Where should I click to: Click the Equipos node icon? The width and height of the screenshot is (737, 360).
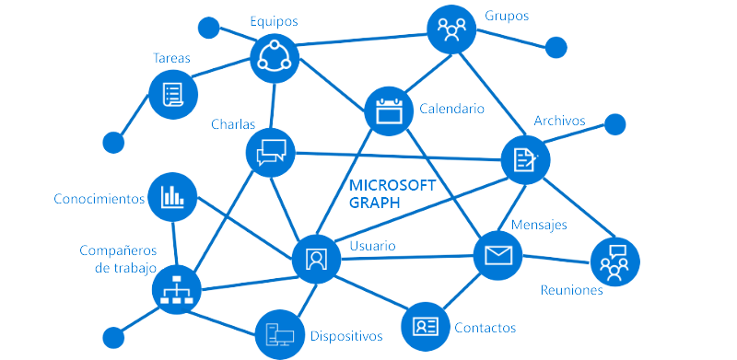pos(275,58)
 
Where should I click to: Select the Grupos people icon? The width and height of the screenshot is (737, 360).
pos(451,31)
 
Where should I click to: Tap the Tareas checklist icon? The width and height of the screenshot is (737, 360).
pos(172,92)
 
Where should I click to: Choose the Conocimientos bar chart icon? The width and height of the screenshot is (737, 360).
pos(172,196)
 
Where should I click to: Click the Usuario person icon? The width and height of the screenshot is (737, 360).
pos(317,257)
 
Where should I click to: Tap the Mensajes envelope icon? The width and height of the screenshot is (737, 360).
pos(497,254)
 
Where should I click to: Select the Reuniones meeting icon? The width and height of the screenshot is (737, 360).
pos(614,261)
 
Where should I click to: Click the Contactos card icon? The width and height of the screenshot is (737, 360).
pos(426,326)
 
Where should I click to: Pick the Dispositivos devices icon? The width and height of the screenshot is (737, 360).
pos(279,333)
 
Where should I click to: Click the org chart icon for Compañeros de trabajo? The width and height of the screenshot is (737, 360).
pos(176,291)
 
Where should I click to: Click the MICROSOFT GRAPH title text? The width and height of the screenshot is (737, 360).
pos(392,193)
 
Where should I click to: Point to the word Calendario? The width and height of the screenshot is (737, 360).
pos(451,109)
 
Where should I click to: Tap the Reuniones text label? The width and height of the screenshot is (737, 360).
pos(571,290)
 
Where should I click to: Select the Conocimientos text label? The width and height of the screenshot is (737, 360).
pos(99,198)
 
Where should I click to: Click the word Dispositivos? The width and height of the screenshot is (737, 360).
pos(345,335)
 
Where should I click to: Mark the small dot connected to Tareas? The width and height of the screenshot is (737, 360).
pos(113,142)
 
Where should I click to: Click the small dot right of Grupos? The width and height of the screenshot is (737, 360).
pos(556,46)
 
